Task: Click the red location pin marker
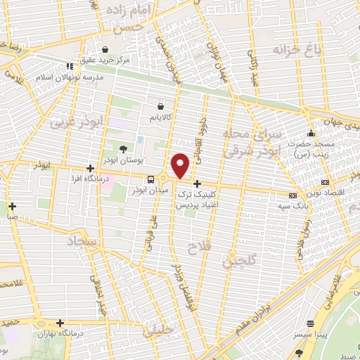181,165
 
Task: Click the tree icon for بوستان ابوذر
124,148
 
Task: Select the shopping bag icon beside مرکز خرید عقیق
105,50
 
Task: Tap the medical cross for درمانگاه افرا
90,168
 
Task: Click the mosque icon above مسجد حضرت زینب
311,134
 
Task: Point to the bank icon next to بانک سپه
292,195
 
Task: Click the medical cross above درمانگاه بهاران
60,323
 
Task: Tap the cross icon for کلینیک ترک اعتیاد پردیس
197,183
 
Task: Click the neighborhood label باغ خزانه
291,51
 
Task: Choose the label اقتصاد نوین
332,192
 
